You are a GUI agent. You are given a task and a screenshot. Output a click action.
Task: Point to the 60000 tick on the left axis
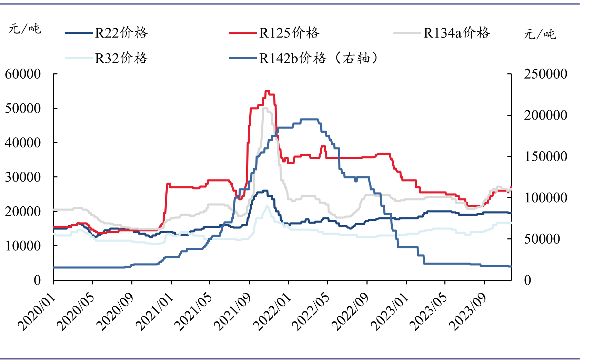pos(23,74)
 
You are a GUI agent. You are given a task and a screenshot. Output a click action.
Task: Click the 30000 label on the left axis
pos(23,177)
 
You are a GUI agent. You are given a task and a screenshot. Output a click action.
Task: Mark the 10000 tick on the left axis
pos(23,246)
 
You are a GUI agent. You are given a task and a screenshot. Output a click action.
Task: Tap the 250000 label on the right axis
pos(545,74)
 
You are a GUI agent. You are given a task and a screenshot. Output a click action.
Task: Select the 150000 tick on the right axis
pos(545,156)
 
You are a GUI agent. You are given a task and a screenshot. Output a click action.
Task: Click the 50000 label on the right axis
pos(542,239)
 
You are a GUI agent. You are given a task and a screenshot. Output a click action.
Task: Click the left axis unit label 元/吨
pos(25,29)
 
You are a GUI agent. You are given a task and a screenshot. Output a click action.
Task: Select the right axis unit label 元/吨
pos(540,34)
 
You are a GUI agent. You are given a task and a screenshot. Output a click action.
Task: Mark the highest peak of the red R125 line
pos(267,91)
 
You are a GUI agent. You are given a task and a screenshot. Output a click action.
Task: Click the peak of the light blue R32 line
pos(267,206)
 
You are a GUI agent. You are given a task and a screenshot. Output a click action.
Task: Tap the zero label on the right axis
pos(527,280)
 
